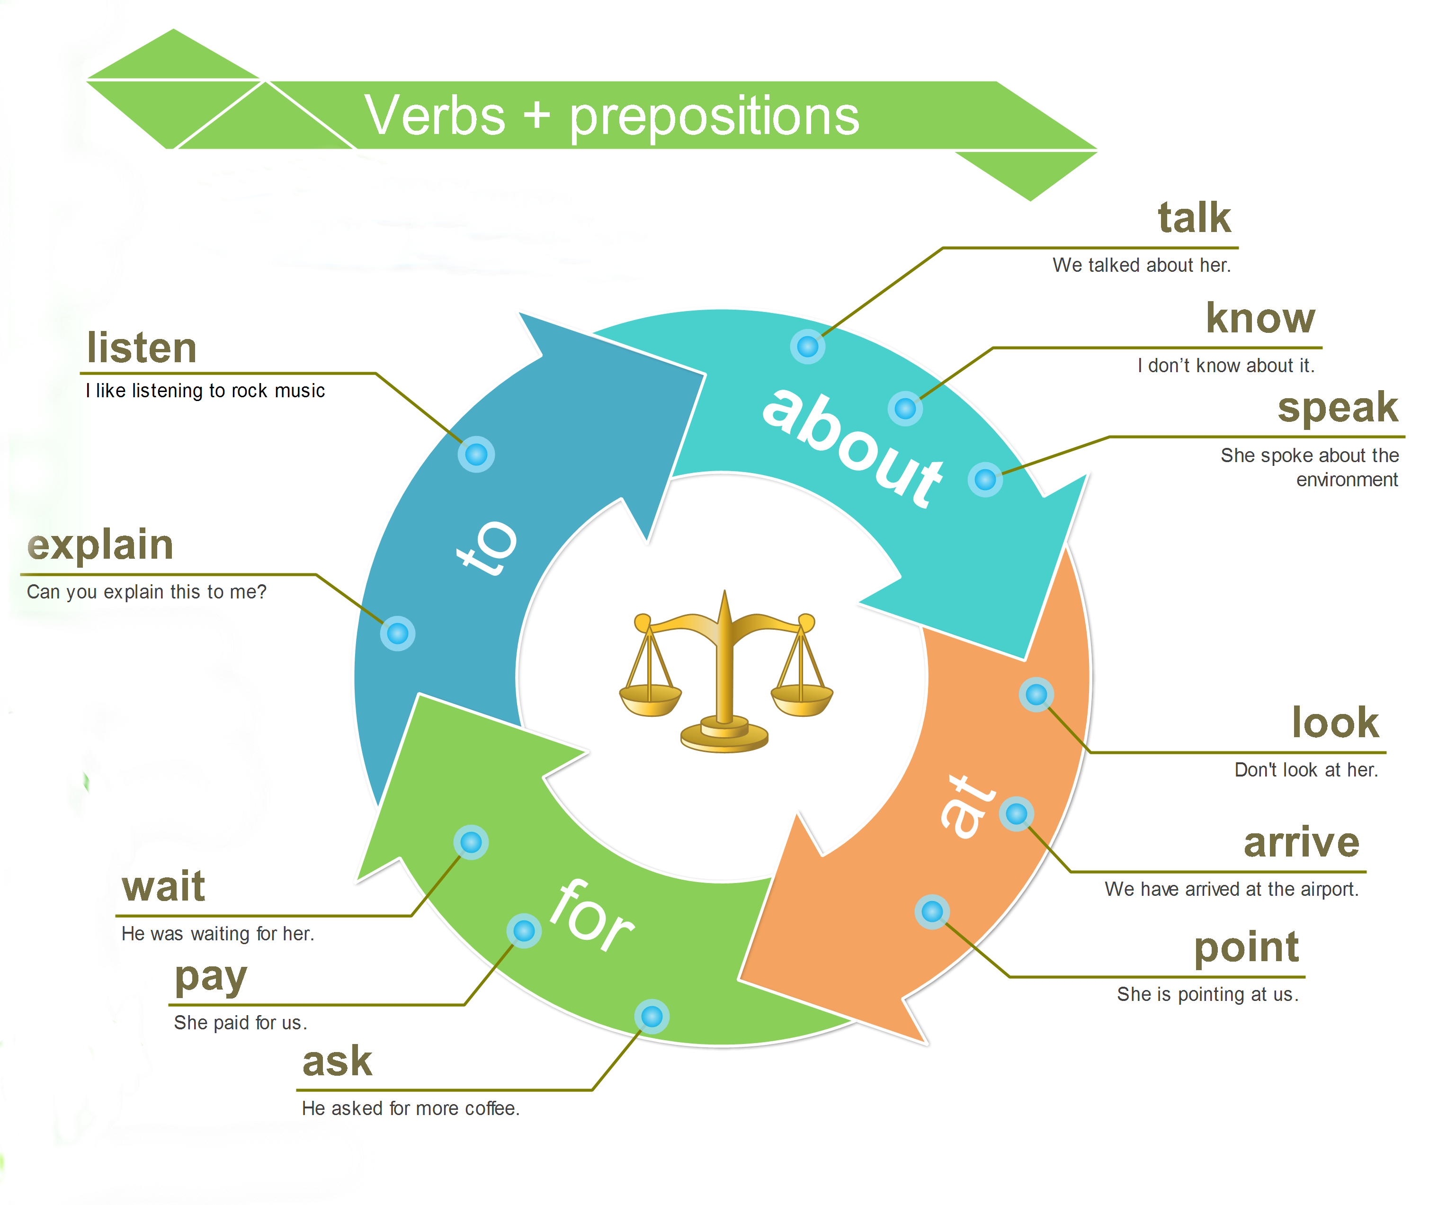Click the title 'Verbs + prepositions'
pyautogui.click(x=611, y=116)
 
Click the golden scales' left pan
pyautogui.click(x=650, y=700)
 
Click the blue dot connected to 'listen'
pyautogui.click(x=476, y=454)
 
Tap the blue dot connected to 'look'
pyautogui.click(x=1036, y=695)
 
